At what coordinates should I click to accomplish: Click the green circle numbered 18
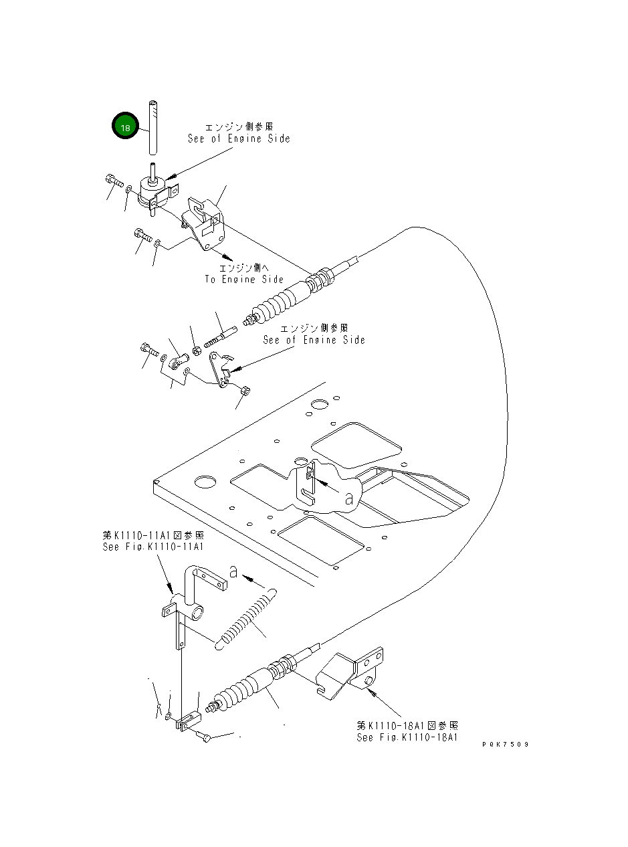(124, 126)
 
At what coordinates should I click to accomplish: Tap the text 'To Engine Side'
(244, 280)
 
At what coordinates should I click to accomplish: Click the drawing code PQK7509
(505, 744)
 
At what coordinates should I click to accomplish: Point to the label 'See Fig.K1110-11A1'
(153, 547)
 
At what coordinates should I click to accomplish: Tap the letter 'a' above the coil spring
(233, 571)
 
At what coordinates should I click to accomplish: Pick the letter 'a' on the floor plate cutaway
(348, 498)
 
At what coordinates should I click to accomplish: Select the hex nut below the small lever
(245, 389)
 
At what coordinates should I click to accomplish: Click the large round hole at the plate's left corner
(205, 482)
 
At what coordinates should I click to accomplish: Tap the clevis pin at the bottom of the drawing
(204, 737)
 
